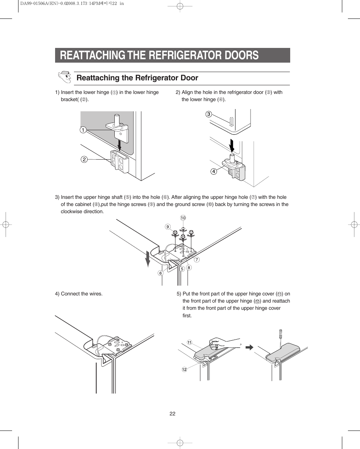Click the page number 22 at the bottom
point(172,414)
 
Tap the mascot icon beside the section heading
point(65,77)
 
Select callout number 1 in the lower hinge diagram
point(82,130)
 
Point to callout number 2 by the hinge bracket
point(85,159)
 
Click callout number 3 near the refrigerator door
point(208,114)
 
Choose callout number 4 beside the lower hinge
point(213,171)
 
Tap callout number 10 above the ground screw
point(183,218)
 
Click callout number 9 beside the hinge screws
point(168,226)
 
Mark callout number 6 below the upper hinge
point(160,273)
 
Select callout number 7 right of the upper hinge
point(197,260)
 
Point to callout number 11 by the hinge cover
point(189,343)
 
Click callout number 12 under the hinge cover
point(185,369)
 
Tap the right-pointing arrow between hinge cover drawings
point(249,347)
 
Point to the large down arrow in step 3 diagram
point(148,259)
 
